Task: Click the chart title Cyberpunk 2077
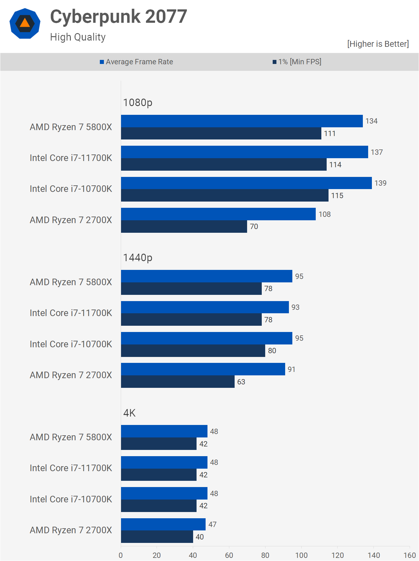tap(119, 17)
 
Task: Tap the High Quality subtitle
tap(78, 37)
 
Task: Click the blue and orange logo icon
tap(25, 24)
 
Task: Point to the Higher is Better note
tap(378, 44)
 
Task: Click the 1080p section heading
tap(138, 102)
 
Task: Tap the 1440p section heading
tap(138, 258)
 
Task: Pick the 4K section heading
tap(129, 413)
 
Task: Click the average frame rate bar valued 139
tap(246, 183)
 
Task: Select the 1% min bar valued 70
tap(184, 227)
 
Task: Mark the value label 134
tap(371, 121)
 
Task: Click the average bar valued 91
tap(203, 369)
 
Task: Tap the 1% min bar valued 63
tap(178, 382)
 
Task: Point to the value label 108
tap(324, 214)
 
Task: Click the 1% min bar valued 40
tap(157, 537)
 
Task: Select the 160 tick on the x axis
tap(409, 555)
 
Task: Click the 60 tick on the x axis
tap(229, 555)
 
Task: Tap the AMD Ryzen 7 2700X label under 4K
tap(71, 530)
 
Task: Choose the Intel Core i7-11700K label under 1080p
tap(71, 158)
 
